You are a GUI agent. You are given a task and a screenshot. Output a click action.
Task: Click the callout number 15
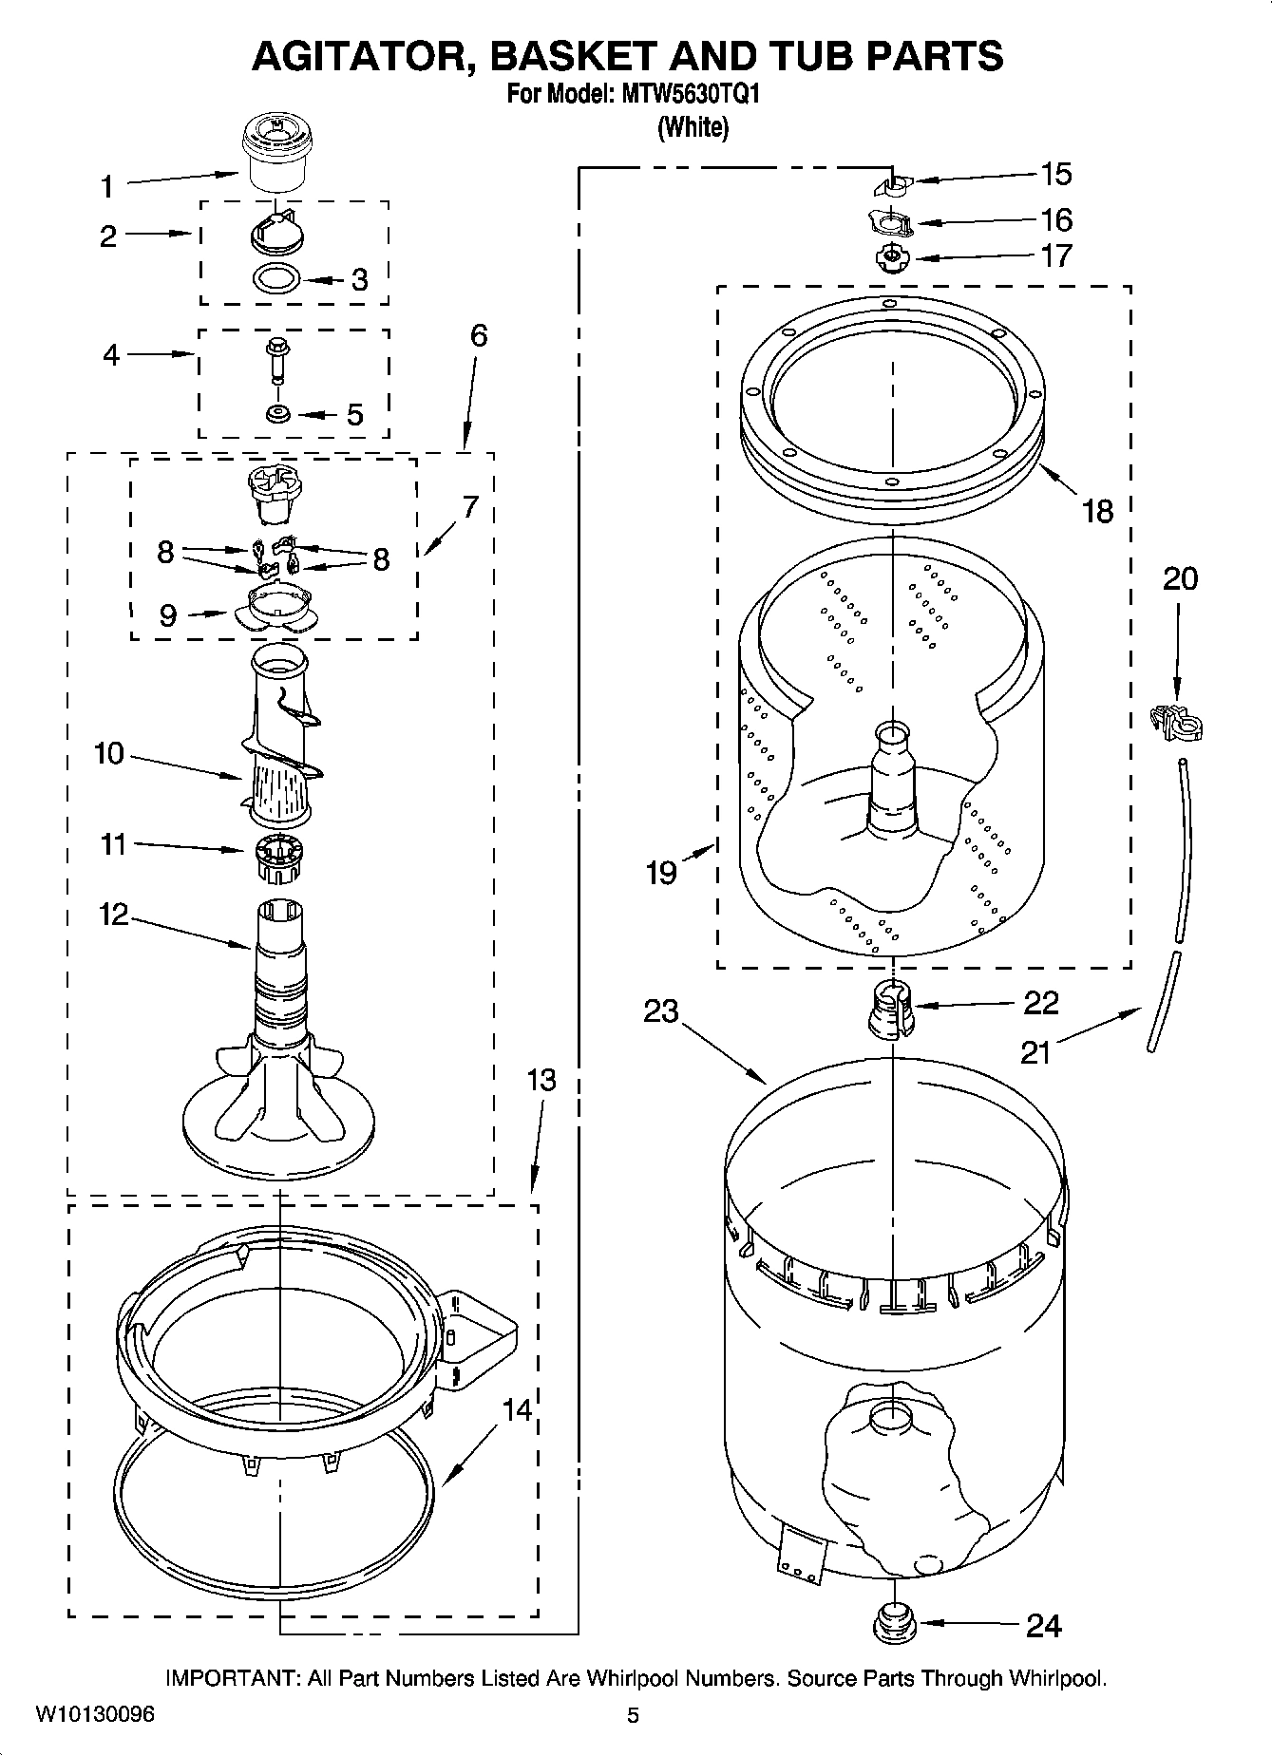click(1055, 175)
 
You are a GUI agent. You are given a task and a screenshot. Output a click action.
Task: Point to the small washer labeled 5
click(278, 413)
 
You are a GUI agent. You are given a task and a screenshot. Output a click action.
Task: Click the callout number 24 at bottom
click(1043, 1627)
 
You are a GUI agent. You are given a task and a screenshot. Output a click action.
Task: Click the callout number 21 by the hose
click(1035, 1052)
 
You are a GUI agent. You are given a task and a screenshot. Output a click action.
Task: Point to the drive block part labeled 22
click(891, 1010)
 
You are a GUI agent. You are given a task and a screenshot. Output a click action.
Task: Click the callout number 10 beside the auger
click(109, 753)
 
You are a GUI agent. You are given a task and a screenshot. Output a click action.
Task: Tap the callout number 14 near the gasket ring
click(517, 1410)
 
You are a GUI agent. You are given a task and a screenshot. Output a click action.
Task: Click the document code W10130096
click(94, 1715)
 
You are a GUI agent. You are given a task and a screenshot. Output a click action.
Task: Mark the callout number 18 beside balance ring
click(1097, 511)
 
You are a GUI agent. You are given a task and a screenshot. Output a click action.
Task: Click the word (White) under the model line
click(693, 127)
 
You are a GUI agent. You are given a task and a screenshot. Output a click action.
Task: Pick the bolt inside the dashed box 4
click(277, 360)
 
